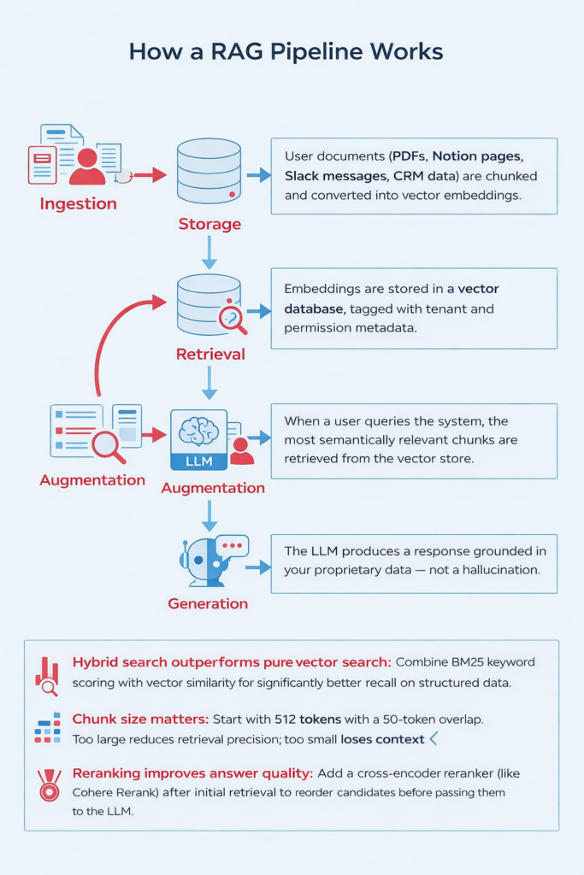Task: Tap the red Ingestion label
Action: click(x=78, y=205)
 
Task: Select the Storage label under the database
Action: click(x=209, y=224)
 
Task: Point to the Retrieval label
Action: click(x=210, y=354)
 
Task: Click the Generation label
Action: click(x=208, y=603)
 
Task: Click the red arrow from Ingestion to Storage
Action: click(x=150, y=175)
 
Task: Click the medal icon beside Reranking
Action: click(x=49, y=784)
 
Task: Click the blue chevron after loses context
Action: click(x=434, y=737)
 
